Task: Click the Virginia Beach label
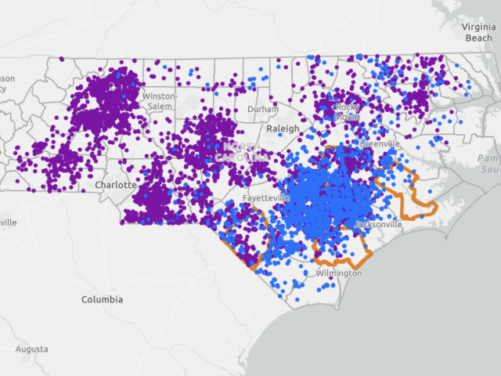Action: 479,31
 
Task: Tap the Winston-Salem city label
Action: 159,101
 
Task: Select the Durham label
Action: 262,110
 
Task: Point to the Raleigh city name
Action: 283,128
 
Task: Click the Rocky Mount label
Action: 348,111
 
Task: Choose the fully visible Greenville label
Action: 380,145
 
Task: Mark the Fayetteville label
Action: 267,199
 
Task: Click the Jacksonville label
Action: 378,225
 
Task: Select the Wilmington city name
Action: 339,273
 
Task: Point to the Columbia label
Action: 103,300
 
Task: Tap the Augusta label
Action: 31,349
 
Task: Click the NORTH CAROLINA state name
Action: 246,152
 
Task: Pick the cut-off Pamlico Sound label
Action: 488,164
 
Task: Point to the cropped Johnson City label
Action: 6,83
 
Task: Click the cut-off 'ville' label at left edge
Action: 7,222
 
